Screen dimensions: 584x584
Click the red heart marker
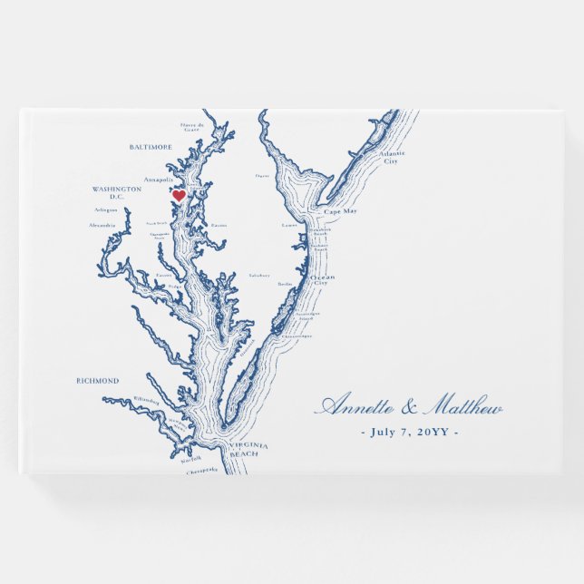[x=179, y=195]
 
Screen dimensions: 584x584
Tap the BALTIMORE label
[x=151, y=146]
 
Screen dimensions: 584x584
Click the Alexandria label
[x=102, y=225]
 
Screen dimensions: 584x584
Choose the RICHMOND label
[x=97, y=381]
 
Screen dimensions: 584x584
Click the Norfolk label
[x=191, y=461]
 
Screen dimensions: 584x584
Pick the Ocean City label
[x=323, y=279]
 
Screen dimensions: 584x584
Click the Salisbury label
[x=260, y=274]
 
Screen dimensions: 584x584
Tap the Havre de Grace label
[x=190, y=127]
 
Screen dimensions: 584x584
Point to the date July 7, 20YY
[x=409, y=431]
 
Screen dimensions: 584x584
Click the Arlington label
[x=106, y=209]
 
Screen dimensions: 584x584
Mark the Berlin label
[x=286, y=284]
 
